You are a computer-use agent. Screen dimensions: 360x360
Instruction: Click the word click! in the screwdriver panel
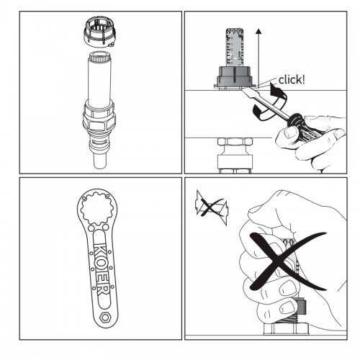pyautogui.click(x=292, y=79)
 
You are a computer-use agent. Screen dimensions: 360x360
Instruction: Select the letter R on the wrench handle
pyautogui.click(x=103, y=289)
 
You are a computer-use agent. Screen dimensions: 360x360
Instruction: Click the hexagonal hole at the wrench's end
pyautogui.click(x=104, y=318)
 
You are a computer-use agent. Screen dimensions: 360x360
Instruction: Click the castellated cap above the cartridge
pyautogui.click(x=99, y=33)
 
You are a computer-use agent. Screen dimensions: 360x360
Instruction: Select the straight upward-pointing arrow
pyautogui.click(x=258, y=58)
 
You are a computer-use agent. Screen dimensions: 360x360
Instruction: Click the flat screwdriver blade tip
pyautogui.click(x=246, y=91)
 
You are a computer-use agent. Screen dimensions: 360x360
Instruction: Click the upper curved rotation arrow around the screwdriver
pyautogui.click(x=279, y=95)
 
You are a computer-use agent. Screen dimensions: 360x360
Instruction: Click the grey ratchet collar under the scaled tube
pyautogui.click(x=235, y=76)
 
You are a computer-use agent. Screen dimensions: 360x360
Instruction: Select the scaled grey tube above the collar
pyautogui.click(x=235, y=47)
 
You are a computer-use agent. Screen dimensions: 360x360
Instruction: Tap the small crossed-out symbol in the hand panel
pyautogui.click(x=212, y=207)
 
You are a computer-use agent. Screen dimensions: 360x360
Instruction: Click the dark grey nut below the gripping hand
pyautogui.click(x=301, y=306)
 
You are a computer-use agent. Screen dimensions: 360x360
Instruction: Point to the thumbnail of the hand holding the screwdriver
pyautogui.click(x=291, y=132)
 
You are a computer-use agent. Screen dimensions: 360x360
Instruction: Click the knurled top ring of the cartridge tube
pyautogui.click(x=99, y=57)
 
